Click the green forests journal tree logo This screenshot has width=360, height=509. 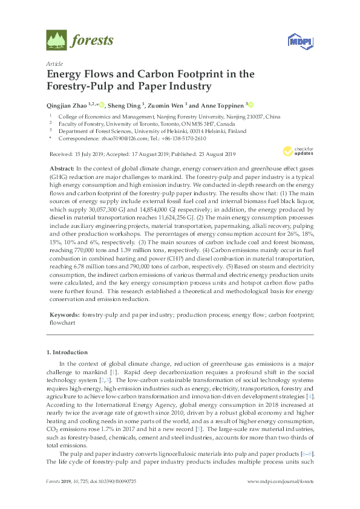(x=56, y=41)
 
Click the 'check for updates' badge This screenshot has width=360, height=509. (x=297, y=151)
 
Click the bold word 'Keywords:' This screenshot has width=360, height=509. (x=63, y=316)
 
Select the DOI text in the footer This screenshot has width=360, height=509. (x=123, y=498)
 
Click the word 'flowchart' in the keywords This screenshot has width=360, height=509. (x=59, y=323)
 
